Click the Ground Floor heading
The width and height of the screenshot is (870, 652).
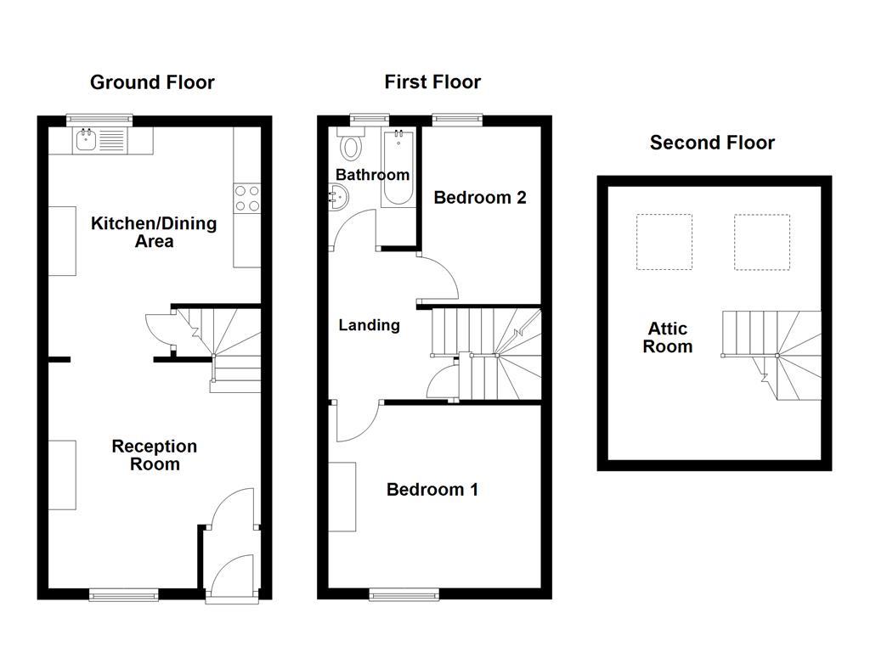coord(152,82)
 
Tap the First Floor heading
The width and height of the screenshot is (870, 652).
coord(432,82)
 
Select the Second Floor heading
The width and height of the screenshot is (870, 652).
coord(712,143)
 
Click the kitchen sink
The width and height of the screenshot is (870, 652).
coord(86,141)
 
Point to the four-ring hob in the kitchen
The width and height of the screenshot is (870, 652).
coord(247,199)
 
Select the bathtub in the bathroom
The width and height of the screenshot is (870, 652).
coord(398,169)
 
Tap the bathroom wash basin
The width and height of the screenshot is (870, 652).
coord(336,199)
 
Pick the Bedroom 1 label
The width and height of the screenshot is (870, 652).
coord(432,490)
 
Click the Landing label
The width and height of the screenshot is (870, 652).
coord(369,325)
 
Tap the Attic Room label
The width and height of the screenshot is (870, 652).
coord(668,338)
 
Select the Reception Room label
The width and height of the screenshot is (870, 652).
coord(155,455)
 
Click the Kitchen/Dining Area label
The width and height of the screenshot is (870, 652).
coord(154,233)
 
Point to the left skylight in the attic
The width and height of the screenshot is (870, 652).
coord(664,242)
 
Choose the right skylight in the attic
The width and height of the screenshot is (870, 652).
coord(761,242)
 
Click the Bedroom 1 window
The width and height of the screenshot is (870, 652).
coord(404,594)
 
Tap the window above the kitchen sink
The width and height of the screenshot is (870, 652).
coord(100,120)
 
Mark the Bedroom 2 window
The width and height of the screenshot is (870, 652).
coord(457,120)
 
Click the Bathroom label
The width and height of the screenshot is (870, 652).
coord(372,175)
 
